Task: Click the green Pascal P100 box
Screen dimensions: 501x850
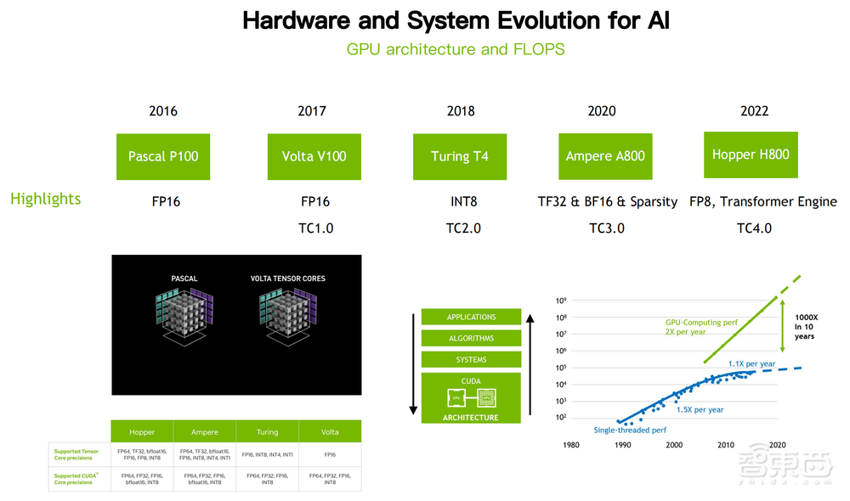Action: point(163,156)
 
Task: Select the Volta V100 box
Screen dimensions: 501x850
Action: point(314,156)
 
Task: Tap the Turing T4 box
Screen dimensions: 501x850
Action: point(459,156)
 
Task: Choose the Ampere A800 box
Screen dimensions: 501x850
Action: point(605,156)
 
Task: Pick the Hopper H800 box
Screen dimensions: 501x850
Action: point(751,155)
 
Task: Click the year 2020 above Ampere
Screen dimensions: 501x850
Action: point(602,111)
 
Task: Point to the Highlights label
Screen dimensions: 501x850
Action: point(46,199)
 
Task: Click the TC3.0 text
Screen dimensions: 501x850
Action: point(607,228)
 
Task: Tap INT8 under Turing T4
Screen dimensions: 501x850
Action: point(463,201)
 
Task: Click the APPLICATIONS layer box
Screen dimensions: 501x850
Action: point(471,317)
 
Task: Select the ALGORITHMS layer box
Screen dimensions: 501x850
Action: point(471,338)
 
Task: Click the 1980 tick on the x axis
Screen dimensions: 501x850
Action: point(571,445)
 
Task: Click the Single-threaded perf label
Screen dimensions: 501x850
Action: point(630,430)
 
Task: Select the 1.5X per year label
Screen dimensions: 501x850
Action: point(700,409)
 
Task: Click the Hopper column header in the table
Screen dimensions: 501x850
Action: point(142,431)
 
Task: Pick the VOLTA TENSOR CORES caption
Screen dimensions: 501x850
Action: point(287,279)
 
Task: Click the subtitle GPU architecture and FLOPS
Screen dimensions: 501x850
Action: point(456,48)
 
